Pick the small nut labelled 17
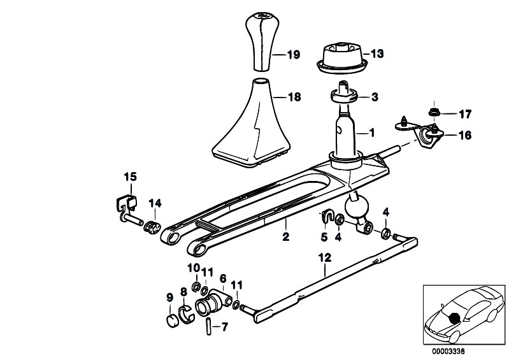434,113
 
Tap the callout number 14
155,203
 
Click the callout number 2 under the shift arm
286,237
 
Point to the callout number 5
323,237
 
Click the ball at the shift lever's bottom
355,208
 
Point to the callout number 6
223,278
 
